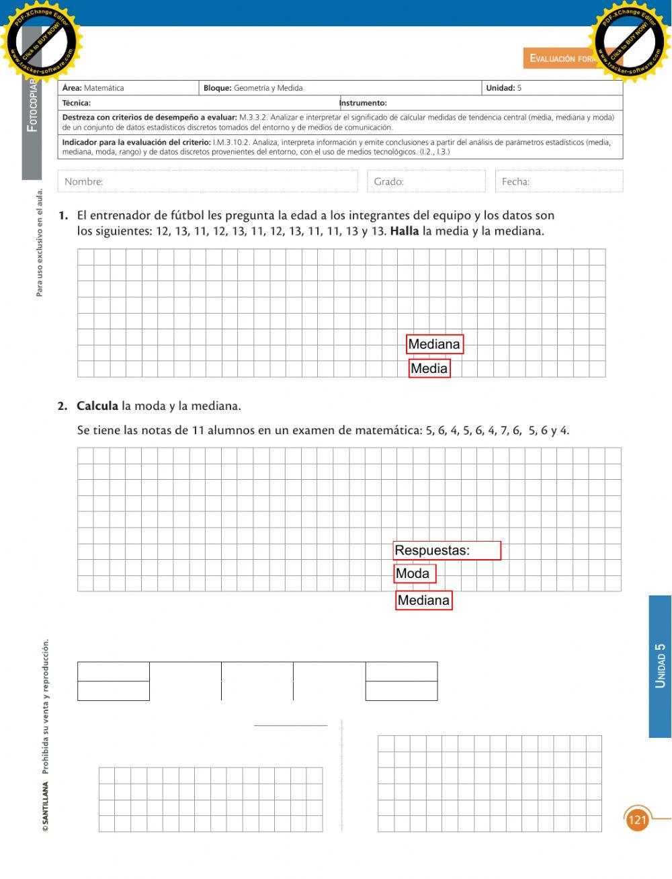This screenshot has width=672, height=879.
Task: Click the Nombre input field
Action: pyautogui.click(x=208, y=181)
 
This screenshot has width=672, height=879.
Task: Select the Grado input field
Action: pyautogui.click(x=426, y=181)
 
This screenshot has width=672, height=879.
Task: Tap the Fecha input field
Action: pyautogui.click(x=559, y=181)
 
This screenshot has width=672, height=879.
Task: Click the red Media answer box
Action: pyautogui.click(x=429, y=368)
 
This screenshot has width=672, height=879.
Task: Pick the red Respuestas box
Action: pyautogui.click(x=447, y=550)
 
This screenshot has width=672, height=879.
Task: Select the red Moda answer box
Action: pyautogui.click(x=415, y=573)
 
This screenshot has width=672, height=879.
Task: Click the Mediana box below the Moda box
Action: pyautogui.click(x=423, y=600)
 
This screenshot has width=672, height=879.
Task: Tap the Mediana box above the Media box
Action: pyautogui.click(x=435, y=344)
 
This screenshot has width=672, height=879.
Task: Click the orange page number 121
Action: pyautogui.click(x=636, y=820)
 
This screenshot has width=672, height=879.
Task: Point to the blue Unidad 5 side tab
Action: pyautogui.click(x=660, y=665)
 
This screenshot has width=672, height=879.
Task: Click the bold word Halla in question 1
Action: pyautogui.click(x=404, y=231)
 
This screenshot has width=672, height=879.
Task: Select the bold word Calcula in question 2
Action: pyautogui.click(x=97, y=406)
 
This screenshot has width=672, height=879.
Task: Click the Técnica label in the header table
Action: pyautogui.click(x=77, y=103)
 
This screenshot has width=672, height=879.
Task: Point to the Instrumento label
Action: pyautogui.click(x=364, y=103)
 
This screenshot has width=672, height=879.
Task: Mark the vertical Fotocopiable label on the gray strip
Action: pyautogui.click(x=32, y=108)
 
